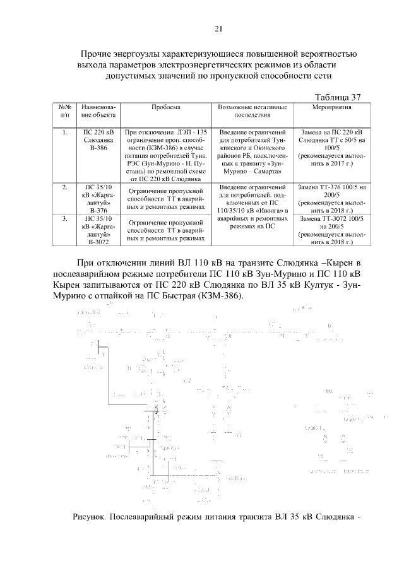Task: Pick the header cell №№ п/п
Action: pos(65,112)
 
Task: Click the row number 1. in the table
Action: pos(65,133)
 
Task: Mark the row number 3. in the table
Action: pos(65,218)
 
